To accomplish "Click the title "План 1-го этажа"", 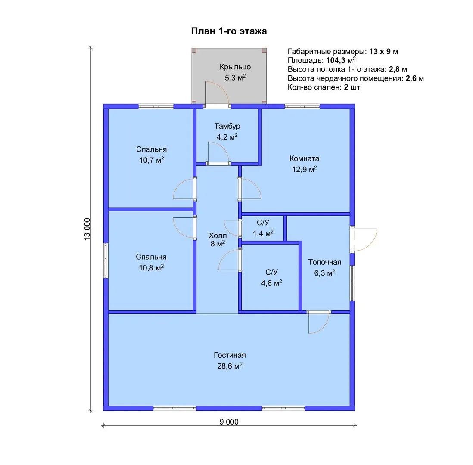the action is coord(229,31).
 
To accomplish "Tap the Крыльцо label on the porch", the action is coord(235,67).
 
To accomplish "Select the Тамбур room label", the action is coord(227,126).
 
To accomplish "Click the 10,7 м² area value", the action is coord(152,160).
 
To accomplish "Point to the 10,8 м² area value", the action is coord(151,267).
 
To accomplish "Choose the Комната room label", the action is coord(305,158).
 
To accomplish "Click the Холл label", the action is coord(218,235).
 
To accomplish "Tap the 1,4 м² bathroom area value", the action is coord(263,233).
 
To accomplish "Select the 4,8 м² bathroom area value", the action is coord(271,283).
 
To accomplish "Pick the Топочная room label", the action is coord(324,262).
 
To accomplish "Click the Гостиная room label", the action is coord(230,355).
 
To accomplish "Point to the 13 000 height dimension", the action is coord(87,229).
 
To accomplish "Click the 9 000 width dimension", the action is coord(229,422).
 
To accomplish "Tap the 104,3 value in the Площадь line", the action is coord(336,60).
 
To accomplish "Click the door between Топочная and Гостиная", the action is coord(319,322).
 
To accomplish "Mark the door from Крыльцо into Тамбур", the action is coord(217,93).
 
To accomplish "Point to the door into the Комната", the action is coord(250,189).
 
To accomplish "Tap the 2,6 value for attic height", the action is coord(411,78).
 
